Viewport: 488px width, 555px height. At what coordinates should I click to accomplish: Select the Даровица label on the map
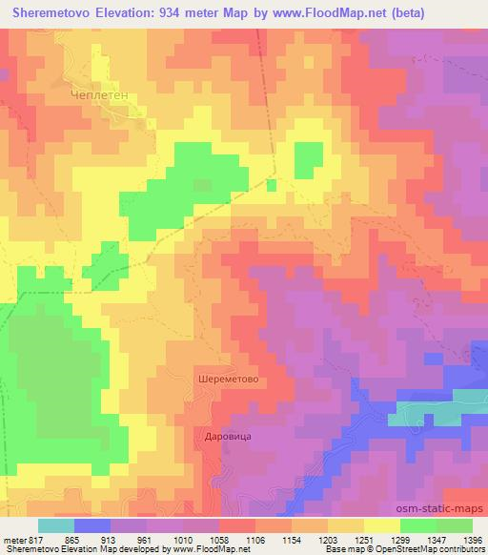(228, 436)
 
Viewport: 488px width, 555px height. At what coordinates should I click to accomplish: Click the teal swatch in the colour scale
(55, 524)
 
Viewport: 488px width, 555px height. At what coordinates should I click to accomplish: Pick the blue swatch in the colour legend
(91, 524)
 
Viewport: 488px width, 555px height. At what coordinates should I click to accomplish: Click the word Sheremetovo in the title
(56, 12)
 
